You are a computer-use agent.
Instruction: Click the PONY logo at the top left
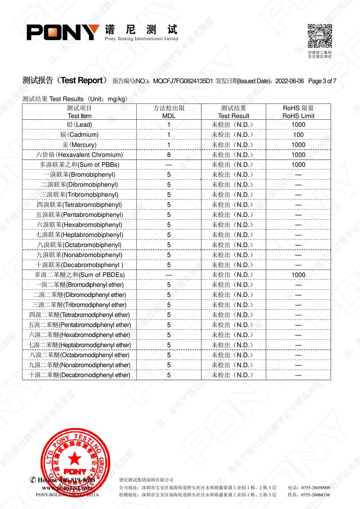[63, 32]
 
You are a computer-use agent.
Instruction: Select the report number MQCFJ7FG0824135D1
[182, 81]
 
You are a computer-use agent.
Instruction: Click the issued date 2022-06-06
[289, 81]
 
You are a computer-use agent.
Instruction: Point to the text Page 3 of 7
[323, 81]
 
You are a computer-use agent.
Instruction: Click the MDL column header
[169, 112]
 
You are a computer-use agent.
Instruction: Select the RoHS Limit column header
[298, 112]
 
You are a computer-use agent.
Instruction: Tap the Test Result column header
[233, 112]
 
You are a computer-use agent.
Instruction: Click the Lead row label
[79, 125]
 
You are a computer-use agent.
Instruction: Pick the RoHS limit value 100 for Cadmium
[298, 135]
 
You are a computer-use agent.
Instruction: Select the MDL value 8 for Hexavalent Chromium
[169, 154]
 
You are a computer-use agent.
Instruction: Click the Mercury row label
[79, 144]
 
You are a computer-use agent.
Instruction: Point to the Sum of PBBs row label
[79, 165]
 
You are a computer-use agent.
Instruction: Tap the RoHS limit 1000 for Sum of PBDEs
[298, 275]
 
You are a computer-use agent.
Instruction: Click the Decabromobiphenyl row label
[79, 265]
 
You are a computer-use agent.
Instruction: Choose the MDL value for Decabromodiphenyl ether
[169, 375]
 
